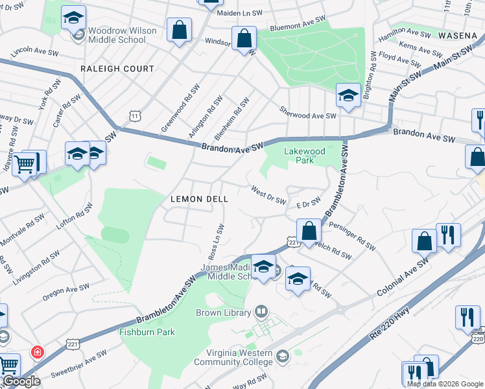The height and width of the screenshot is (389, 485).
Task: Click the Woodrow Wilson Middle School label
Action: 117,35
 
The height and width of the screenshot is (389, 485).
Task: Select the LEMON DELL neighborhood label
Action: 199,200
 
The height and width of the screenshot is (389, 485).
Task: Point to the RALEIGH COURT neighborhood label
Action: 117,69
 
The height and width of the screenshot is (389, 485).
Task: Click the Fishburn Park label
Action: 147,332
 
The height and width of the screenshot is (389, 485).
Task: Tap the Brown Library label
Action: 223,312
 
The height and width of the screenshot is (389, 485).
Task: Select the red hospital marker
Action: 38,352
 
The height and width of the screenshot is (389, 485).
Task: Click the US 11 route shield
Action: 134,115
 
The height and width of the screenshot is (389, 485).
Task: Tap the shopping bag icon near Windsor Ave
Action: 244,38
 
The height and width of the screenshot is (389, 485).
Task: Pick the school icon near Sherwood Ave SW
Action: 348,96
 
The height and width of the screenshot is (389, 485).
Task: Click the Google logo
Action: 21,382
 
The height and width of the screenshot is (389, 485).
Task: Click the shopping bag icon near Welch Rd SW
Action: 309,230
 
